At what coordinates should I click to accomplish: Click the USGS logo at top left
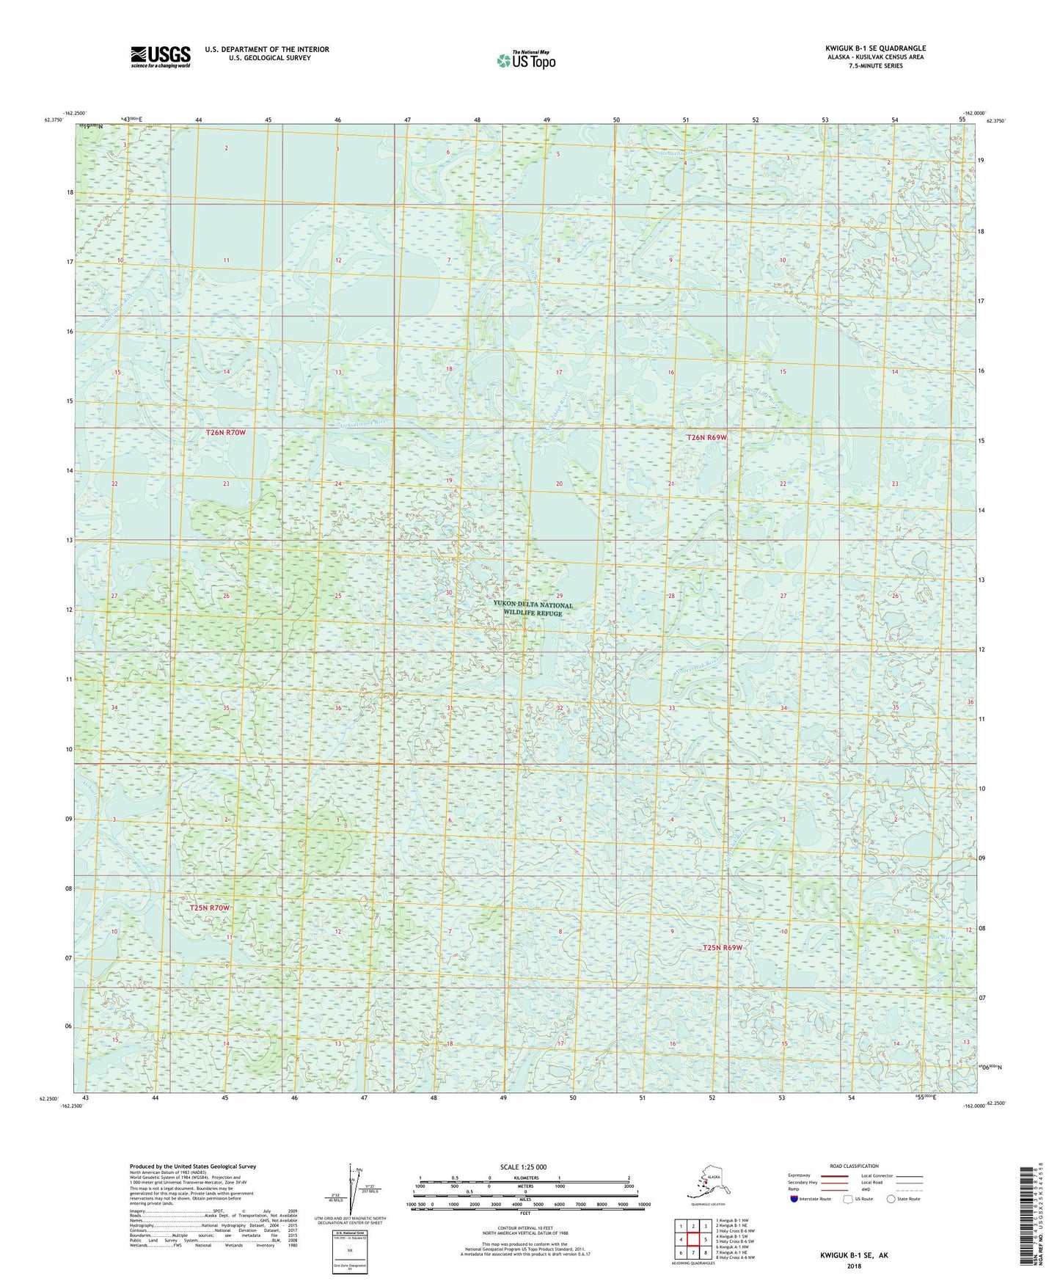pyautogui.click(x=160, y=56)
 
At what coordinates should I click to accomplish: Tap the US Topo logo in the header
pyautogui.click(x=525, y=60)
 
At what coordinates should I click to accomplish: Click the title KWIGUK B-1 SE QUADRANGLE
pyautogui.click(x=874, y=48)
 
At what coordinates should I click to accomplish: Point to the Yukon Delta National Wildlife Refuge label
pyautogui.click(x=533, y=609)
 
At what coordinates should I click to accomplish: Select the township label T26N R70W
pyautogui.click(x=225, y=433)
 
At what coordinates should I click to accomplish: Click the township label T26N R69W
pyautogui.click(x=706, y=437)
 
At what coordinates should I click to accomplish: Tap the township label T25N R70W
pyautogui.click(x=210, y=908)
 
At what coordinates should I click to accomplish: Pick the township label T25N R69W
pyautogui.click(x=723, y=947)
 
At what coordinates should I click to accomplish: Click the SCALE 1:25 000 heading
pyautogui.click(x=523, y=1166)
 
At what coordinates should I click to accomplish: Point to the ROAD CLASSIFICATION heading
pyautogui.click(x=854, y=1166)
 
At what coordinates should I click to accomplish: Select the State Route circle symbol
pyautogui.click(x=891, y=1199)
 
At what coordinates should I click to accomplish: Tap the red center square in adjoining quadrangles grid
pyautogui.click(x=692, y=1240)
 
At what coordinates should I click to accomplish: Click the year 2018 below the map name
pyautogui.click(x=853, y=1266)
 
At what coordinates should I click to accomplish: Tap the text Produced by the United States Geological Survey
pyautogui.click(x=192, y=1166)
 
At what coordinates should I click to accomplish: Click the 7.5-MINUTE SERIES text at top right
pyautogui.click(x=876, y=65)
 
